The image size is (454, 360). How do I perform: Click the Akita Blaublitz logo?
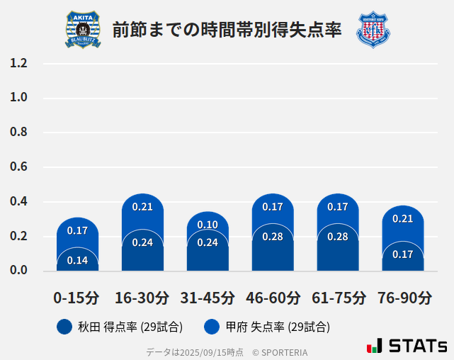[83, 30]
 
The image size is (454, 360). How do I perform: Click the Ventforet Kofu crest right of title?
[373, 30]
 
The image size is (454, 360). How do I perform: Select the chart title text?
[227, 30]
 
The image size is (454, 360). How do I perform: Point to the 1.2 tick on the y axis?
[18, 63]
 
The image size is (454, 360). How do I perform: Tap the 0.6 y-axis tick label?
[18, 167]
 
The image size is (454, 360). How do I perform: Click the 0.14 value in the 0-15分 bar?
[77, 260]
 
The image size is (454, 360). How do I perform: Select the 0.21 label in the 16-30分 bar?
[142, 207]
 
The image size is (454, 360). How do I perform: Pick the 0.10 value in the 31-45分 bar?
[208, 225]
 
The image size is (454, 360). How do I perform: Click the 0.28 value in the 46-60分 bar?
[273, 237]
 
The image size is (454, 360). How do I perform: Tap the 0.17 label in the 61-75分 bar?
[338, 207]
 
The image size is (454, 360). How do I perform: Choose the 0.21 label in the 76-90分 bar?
[403, 219]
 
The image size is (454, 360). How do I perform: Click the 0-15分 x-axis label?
[76, 298]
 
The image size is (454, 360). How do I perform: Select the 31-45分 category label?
[208, 298]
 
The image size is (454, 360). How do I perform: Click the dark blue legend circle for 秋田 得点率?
[64, 327]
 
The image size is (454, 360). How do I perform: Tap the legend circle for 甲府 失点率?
[211, 327]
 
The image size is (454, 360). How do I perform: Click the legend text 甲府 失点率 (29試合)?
[278, 327]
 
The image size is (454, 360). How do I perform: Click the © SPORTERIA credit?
[280, 351]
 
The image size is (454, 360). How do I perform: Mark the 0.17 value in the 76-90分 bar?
[403, 254]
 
